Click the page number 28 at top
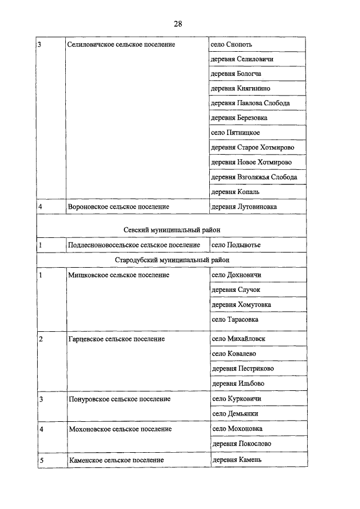[x=178, y=24]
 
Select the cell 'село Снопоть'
[x=231, y=44]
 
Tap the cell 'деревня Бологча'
[x=236, y=74]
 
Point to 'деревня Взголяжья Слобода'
[x=254, y=177]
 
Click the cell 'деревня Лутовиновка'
[x=244, y=207]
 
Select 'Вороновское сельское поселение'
[x=118, y=207]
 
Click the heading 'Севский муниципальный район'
[x=172, y=229]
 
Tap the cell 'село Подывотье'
[x=236, y=245]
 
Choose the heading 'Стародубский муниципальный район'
[x=172, y=260]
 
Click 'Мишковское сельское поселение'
[x=118, y=275]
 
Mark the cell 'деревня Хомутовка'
[x=241, y=305]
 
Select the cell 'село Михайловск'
[x=238, y=339]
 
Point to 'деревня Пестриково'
[x=242, y=368]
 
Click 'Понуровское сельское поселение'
[x=119, y=399]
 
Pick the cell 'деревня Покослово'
[x=241, y=444]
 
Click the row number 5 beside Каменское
[x=41, y=460]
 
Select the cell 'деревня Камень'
[x=237, y=460]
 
